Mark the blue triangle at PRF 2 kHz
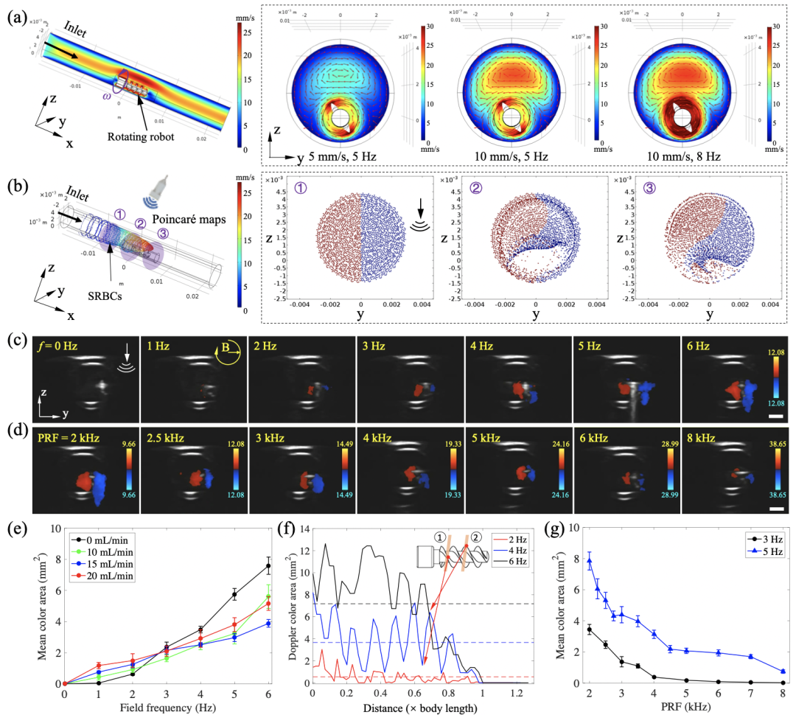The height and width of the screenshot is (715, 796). coord(589,562)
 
